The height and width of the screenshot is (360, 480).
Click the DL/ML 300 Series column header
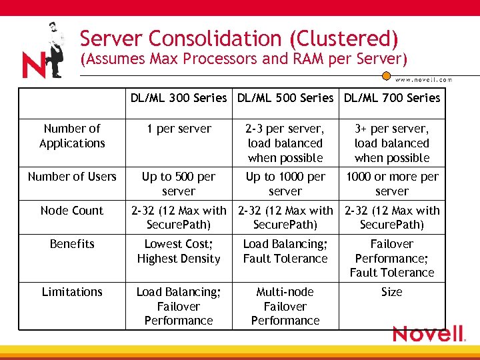179,98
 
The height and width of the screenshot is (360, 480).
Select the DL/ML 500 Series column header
285,98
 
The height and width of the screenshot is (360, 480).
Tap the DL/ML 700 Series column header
392,98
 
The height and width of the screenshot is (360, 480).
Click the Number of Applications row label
72,136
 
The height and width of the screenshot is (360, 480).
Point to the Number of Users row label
72,177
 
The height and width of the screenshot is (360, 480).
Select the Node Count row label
72,211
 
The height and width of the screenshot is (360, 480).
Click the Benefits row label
72,244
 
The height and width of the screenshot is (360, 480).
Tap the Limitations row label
72,292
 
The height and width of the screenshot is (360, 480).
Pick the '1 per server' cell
179,129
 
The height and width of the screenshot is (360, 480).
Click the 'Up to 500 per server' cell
179,184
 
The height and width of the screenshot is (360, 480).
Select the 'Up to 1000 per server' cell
285,184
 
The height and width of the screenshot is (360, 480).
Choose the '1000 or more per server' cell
392,184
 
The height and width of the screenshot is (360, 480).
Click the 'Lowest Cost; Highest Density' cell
179,251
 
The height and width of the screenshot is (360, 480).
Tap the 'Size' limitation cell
392,292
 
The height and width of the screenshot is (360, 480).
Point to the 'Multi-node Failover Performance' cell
285,306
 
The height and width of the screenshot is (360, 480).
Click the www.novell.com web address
423,79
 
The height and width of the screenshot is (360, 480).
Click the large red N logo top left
33,65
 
